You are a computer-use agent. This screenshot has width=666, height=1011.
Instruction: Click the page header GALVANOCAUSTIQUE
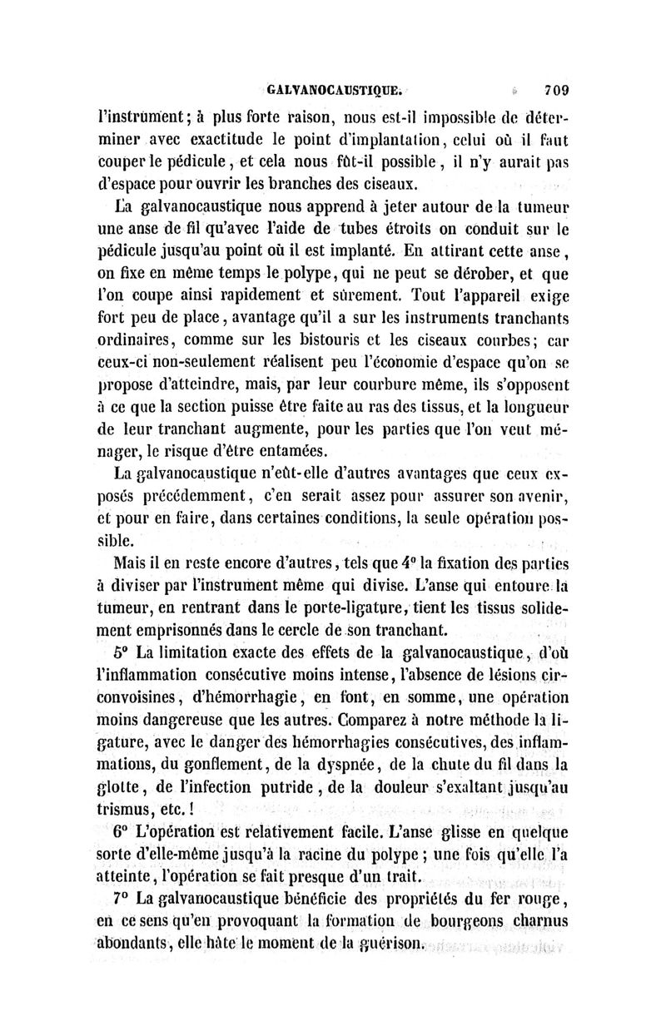335,87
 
